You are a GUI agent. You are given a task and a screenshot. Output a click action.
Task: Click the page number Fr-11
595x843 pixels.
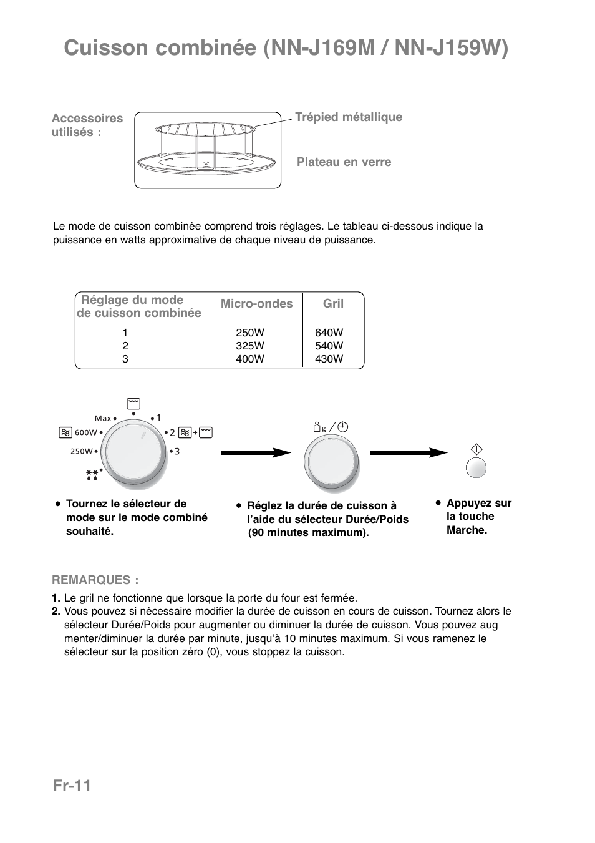(72, 786)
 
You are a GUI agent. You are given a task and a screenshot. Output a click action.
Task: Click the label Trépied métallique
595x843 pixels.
(348, 117)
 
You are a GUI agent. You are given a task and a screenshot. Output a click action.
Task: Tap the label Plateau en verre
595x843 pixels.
(344, 162)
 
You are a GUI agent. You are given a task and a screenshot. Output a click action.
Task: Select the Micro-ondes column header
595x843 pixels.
(256, 304)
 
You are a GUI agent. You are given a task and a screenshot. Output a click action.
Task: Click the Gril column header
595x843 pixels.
(333, 304)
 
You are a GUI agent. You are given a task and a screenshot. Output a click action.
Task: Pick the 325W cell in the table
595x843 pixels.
(250, 346)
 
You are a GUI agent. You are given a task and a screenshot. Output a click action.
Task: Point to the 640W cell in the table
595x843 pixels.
(329, 333)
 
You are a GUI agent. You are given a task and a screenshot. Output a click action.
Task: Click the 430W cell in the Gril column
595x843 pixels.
(329, 359)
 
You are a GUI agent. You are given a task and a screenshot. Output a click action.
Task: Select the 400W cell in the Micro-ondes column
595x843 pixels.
(250, 359)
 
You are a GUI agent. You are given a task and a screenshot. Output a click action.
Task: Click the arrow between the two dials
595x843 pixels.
(256, 452)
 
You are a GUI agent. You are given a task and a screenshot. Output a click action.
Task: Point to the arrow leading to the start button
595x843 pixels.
(409, 452)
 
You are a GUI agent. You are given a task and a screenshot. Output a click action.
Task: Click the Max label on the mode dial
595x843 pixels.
(103, 418)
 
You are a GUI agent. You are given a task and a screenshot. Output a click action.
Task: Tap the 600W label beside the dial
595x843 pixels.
(86, 432)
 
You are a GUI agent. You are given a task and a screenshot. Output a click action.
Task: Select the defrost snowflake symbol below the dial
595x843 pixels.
(92, 476)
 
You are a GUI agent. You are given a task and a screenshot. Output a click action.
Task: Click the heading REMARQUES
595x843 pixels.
(95, 580)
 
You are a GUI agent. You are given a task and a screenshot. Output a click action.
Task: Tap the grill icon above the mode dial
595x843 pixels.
(133, 404)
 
